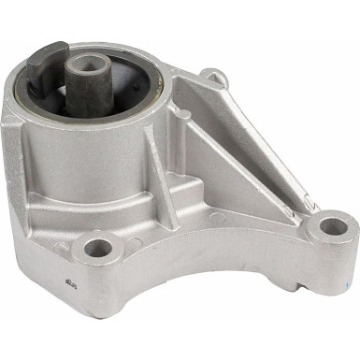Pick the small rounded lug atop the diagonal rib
point(214,77)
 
